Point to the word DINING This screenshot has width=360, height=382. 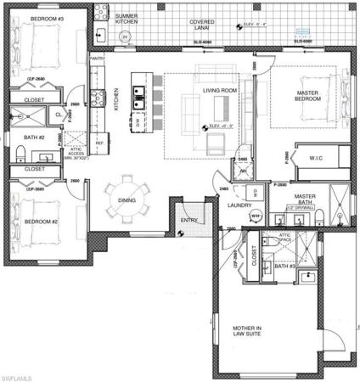pos(127,201)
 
